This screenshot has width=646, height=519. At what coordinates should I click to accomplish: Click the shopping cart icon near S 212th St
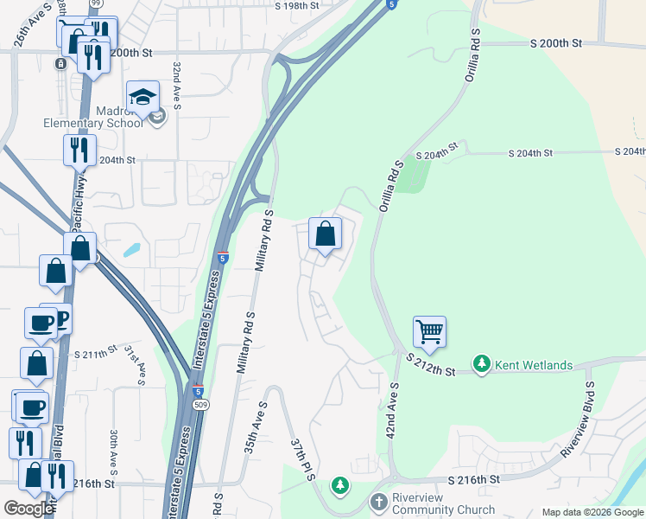tap(429, 330)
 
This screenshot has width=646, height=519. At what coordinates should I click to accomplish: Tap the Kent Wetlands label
tap(533, 365)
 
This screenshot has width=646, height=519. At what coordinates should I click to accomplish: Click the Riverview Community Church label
tap(445, 509)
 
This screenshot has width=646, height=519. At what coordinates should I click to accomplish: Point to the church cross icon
tap(378, 502)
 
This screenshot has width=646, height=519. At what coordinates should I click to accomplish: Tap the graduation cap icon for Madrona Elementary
tap(142, 95)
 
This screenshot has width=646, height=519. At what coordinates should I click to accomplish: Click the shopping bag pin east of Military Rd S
tap(326, 234)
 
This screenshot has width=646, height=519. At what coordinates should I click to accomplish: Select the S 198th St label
tap(297, 5)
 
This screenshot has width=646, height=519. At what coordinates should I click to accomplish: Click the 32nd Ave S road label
tap(176, 85)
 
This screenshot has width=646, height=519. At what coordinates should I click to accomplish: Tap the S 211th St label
tap(95, 353)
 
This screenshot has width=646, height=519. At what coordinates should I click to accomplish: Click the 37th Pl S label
tap(301, 459)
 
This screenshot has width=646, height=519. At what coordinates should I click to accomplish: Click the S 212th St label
tap(430, 370)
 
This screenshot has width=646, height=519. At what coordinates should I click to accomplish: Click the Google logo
tap(28, 509)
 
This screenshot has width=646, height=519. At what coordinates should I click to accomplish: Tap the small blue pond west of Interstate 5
tap(131, 250)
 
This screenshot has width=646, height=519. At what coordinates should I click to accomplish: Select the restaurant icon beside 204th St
tap(79, 150)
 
